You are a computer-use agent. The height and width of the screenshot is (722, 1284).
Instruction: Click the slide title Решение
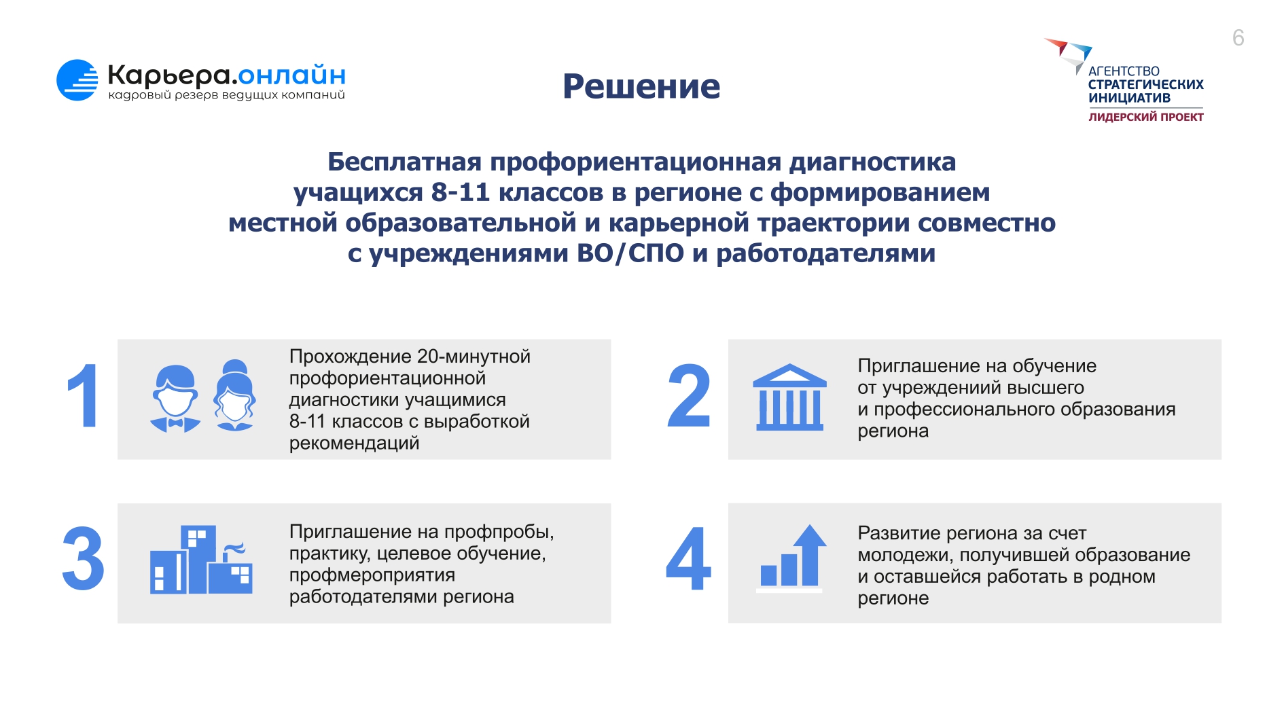[x=641, y=87]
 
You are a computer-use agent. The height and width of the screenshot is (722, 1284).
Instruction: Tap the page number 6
[x=1238, y=37]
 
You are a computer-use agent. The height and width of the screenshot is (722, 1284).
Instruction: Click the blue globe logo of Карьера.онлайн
[x=77, y=80]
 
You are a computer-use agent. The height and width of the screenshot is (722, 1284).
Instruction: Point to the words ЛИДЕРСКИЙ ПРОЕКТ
[x=1146, y=117]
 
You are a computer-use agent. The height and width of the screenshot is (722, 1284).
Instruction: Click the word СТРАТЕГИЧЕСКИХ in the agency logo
[x=1146, y=84]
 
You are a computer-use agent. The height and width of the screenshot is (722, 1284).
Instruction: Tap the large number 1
[x=84, y=396]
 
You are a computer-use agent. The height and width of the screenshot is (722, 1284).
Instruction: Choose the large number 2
[x=689, y=396]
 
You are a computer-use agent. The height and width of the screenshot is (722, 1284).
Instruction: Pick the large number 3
[x=83, y=559]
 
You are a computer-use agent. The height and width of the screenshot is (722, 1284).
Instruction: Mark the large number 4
[x=689, y=559]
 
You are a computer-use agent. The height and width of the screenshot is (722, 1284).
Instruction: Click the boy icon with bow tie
[x=175, y=399]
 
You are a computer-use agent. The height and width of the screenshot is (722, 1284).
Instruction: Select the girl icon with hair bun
[x=235, y=395]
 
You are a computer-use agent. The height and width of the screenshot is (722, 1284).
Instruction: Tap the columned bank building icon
[x=789, y=397]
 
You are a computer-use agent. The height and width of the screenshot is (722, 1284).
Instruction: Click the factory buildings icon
[x=201, y=560]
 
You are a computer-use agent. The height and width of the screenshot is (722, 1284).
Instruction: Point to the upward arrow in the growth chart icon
[x=809, y=554]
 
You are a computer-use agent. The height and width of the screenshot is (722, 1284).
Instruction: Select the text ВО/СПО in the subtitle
[x=630, y=253]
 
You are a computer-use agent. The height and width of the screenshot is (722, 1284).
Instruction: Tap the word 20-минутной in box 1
[x=474, y=357]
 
